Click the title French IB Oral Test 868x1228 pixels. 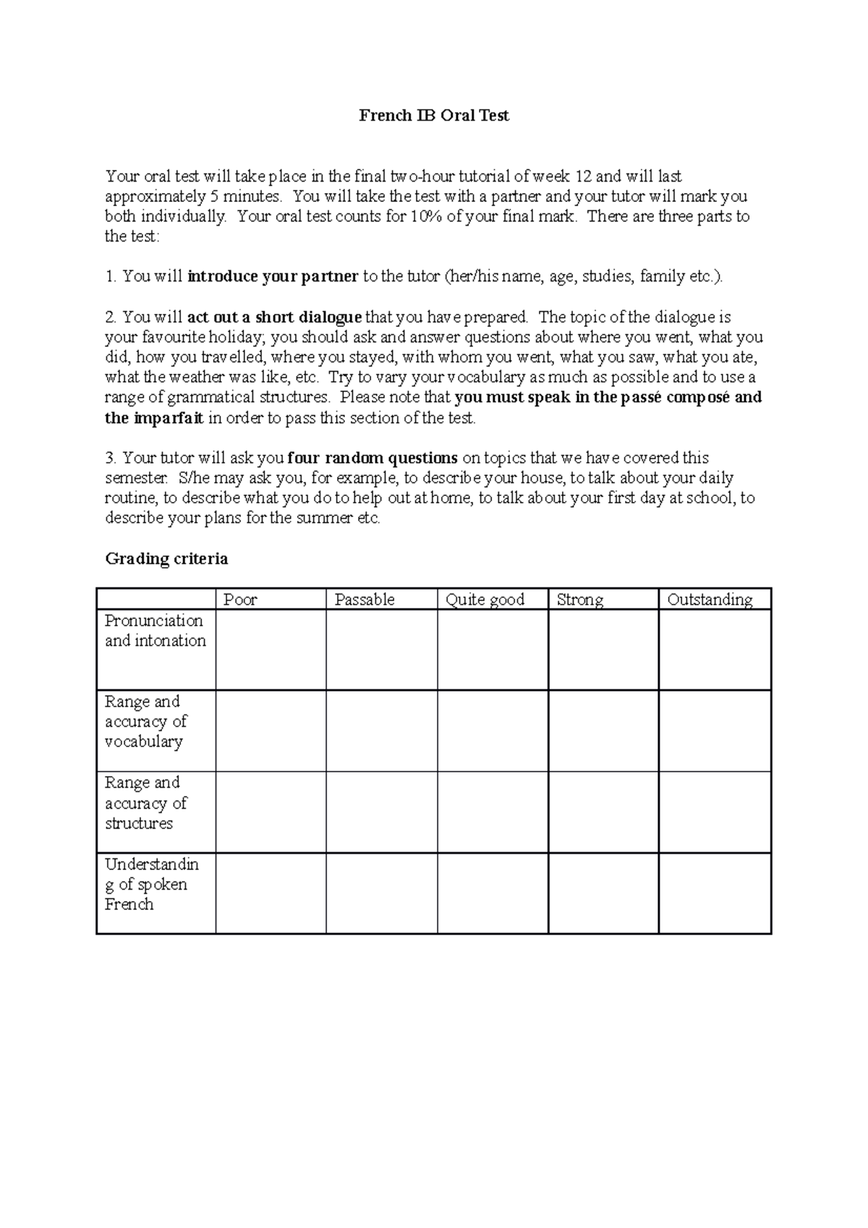pyautogui.click(x=434, y=116)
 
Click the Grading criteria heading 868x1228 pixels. pyautogui.click(x=166, y=559)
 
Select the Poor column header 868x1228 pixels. pyautogui.click(x=241, y=600)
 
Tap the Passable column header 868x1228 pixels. pyautogui.click(x=365, y=600)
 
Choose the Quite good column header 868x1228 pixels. pyautogui.click(x=485, y=600)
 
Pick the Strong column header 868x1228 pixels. pyautogui.click(x=580, y=600)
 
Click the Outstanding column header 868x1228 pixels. pyautogui.click(x=710, y=600)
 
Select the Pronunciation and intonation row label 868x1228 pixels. pyautogui.click(x=155, y=631)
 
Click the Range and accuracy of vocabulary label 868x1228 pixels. pyautogui.click(x=145, y=721)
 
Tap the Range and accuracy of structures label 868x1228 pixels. pyautogui.click(x=145, y=803)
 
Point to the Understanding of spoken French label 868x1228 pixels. pyautogui.click(x=150, y=884)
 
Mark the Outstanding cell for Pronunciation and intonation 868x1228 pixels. pyautogui.click(x=715, y=649)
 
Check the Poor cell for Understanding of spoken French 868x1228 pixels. pyautogui.click(x=271, y=893)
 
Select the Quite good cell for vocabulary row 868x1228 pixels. pyautogui.click(x=493, y=730)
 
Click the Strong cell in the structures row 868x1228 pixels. pyautogui.click(x=603, y=811)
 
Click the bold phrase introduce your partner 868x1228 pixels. pyautogui.click(x=273, y=276)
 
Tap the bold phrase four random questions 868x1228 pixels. pyautogui.click(x=372, y=458)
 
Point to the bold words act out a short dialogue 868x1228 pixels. pyautogui.click(x=274, y=317)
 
